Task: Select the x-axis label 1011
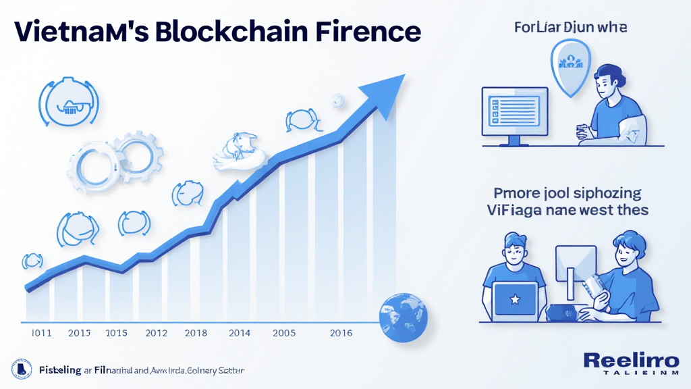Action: (x=43, y=333)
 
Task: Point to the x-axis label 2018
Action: (x=196, y=333)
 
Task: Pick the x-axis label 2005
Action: (x=284, y=333)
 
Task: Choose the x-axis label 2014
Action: (x=240, y=333)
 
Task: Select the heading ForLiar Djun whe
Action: (x=570, y=28)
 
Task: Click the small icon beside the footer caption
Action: (x=22, y=369)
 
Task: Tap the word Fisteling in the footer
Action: (x=59, y=370)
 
